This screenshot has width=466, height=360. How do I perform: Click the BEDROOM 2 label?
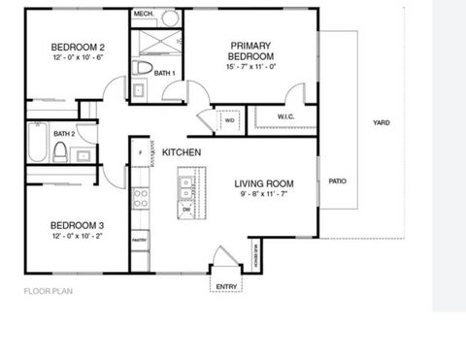(79, 48)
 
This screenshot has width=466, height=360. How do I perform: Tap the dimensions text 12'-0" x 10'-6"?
(79, 57)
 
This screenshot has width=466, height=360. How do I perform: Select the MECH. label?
(143, 15)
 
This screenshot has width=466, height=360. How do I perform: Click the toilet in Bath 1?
(144, 68)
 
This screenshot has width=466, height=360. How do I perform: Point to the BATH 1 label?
(165, 73)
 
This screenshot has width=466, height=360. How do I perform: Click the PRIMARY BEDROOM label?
(250, 51)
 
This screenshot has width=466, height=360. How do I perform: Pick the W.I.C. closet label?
(285, 117)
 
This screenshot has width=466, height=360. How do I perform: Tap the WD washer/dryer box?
(230, 122)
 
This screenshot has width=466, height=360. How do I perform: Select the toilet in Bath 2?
(60, 152)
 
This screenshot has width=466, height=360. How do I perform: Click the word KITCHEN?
(182, 153)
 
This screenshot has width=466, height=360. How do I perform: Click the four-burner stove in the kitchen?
(141, 198)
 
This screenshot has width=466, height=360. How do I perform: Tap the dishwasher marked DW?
(186, 208)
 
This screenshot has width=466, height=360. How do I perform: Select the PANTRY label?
(140, 239)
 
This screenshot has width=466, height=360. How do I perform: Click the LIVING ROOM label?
(266, 183)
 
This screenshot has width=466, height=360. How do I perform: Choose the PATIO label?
(337, 180)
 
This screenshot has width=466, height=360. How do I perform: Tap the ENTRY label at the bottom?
(224, 285)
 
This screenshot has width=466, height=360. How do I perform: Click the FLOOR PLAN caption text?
(50, 289)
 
